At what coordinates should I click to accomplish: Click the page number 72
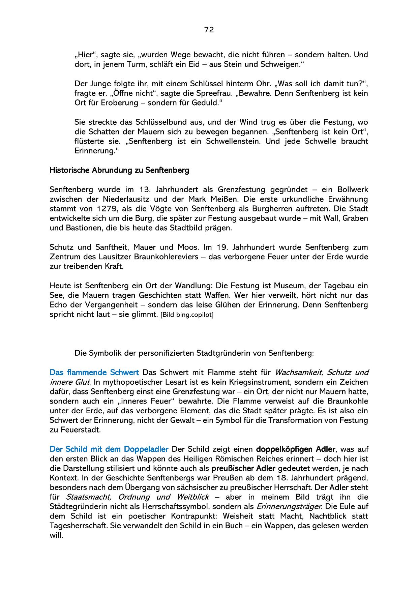(209, 30)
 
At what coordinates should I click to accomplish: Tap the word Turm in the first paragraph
(135, 64)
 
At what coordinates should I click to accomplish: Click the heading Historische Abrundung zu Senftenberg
(119, 170)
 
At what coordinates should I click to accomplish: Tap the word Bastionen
(78, 228)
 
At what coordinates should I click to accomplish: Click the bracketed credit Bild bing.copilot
(187, 315)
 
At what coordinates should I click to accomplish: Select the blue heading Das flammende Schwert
(94, 373)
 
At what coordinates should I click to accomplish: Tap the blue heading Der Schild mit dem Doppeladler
(109, 449)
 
